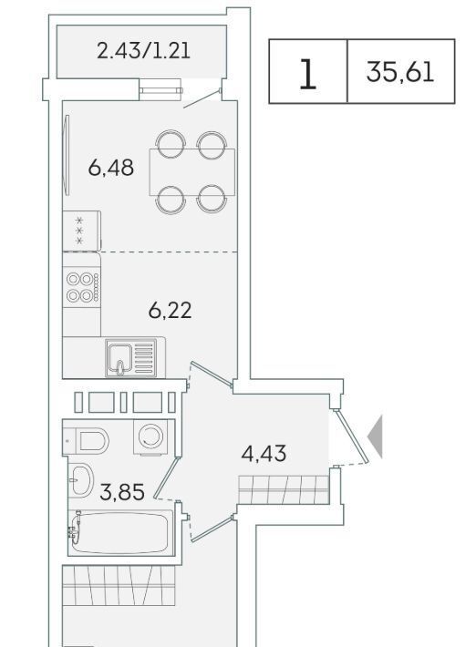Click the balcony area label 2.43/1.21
[143, 51]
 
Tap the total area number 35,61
[400, 72]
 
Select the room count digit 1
[307, 74]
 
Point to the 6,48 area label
[110, 168]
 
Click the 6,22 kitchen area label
[171, 311]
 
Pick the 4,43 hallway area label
[264, 454]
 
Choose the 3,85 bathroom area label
[122, 492]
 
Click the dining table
[192, 171]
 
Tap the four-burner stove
[82, 286]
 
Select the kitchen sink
[131, 357]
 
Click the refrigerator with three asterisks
[82, 231]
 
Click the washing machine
[150, 437]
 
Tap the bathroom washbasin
[81, 480]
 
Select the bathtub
[120, 533]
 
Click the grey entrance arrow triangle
[375, 436]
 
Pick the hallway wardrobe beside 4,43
[284, 489]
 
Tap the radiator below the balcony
[160, 90]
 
